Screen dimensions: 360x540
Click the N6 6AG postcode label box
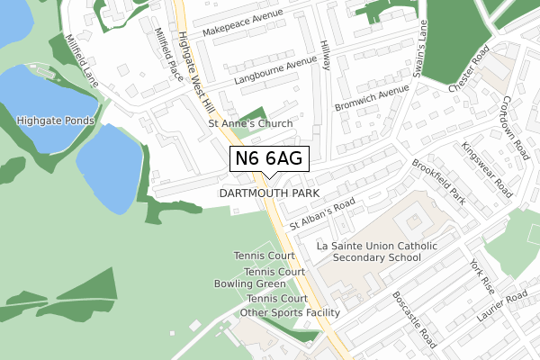271,158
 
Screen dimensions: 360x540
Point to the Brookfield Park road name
437,182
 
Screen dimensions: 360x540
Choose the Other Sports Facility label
290,312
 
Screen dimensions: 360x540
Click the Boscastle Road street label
415,319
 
